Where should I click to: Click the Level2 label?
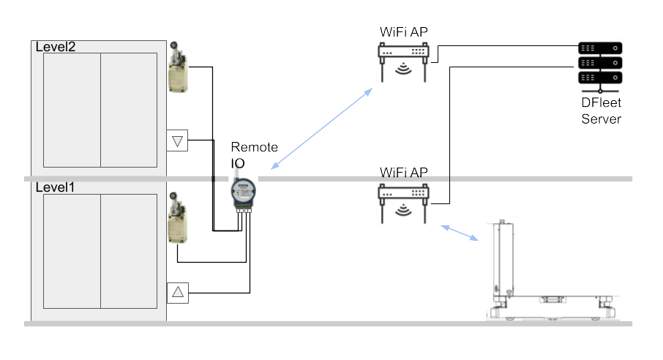pyautogui.click(x=56, y=47)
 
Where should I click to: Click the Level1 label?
pyautogui.click(x=55, y=187)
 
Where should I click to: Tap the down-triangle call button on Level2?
pyautogui.click(x=177, y=140)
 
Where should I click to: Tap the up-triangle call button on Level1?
pyautogui.click(x=177, y=293)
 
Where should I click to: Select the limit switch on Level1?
pyautogui.click(x=176, y=220)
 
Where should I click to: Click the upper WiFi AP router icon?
pyautogui.click(x=402, y=59)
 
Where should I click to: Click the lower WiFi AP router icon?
pyautogui.click(x=402, y=199)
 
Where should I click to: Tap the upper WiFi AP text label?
pyautogui.click(x=402, y=32)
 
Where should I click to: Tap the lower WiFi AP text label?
pyautogui.click(x=402, y=173)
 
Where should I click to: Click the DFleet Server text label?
pyautogui.click(x=601, y=112)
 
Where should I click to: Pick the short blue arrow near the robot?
pyautogui.click(x=460, y=233)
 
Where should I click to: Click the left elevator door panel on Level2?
pyautogui.click(x=72, y=110)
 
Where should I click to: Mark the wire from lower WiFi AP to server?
pyautogui.click(x=448, y=132)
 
